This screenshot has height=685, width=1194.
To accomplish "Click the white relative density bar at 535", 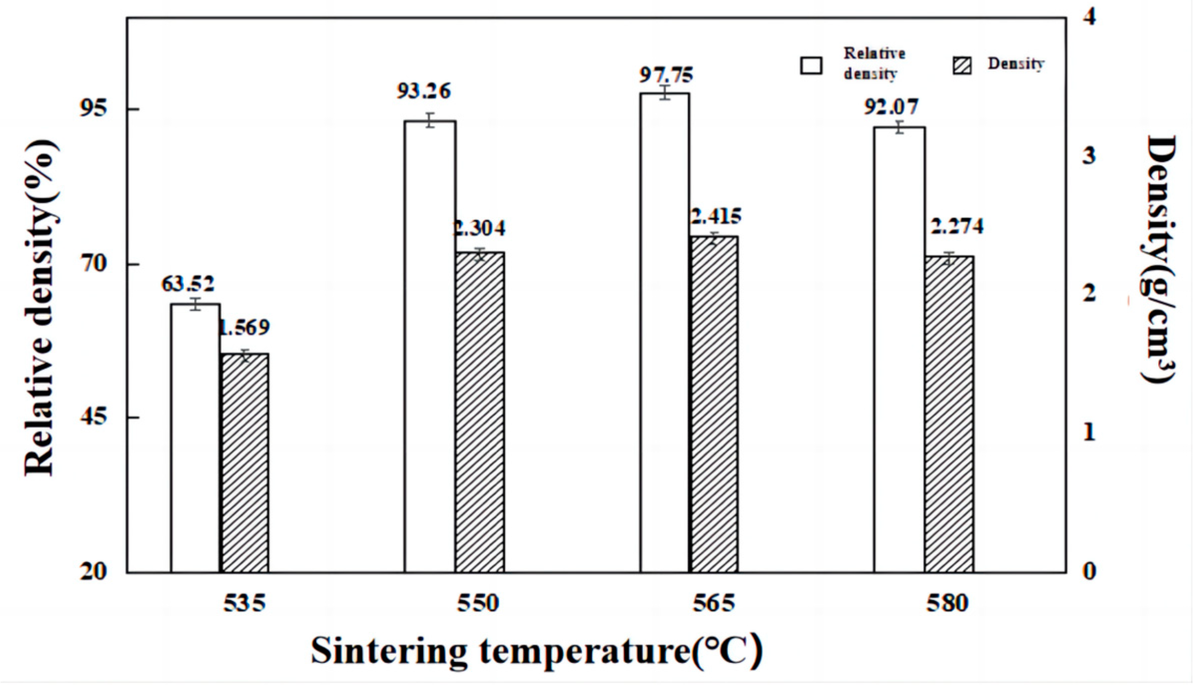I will click(x=195, y=438).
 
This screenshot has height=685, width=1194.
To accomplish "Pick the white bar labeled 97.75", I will click(x=665, y=332).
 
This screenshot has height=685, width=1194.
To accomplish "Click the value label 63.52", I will click(x=188, y=284).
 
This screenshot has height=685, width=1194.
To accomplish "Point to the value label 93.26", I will click(x=423, y=91).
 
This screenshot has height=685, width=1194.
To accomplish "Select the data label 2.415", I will click(x=715, y=217).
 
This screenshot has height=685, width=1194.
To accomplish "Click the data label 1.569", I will click(x=245, y=328).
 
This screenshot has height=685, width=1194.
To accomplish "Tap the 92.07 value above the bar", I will click(x=891, y=107).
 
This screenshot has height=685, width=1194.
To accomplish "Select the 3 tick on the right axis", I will click(x=1089, y=156).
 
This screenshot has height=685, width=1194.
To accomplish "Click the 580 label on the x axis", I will click(x=947, y=603).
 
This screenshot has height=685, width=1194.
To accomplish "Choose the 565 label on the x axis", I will click(x=713, y=603).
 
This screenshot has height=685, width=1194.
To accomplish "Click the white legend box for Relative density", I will click(x=811, y=65).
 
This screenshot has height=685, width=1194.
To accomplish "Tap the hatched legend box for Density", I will click(x=962, y=65).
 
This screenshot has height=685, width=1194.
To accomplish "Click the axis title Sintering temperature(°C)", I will click(x=536, y=651).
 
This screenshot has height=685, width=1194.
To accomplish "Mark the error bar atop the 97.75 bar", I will click(x=665, y=93).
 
